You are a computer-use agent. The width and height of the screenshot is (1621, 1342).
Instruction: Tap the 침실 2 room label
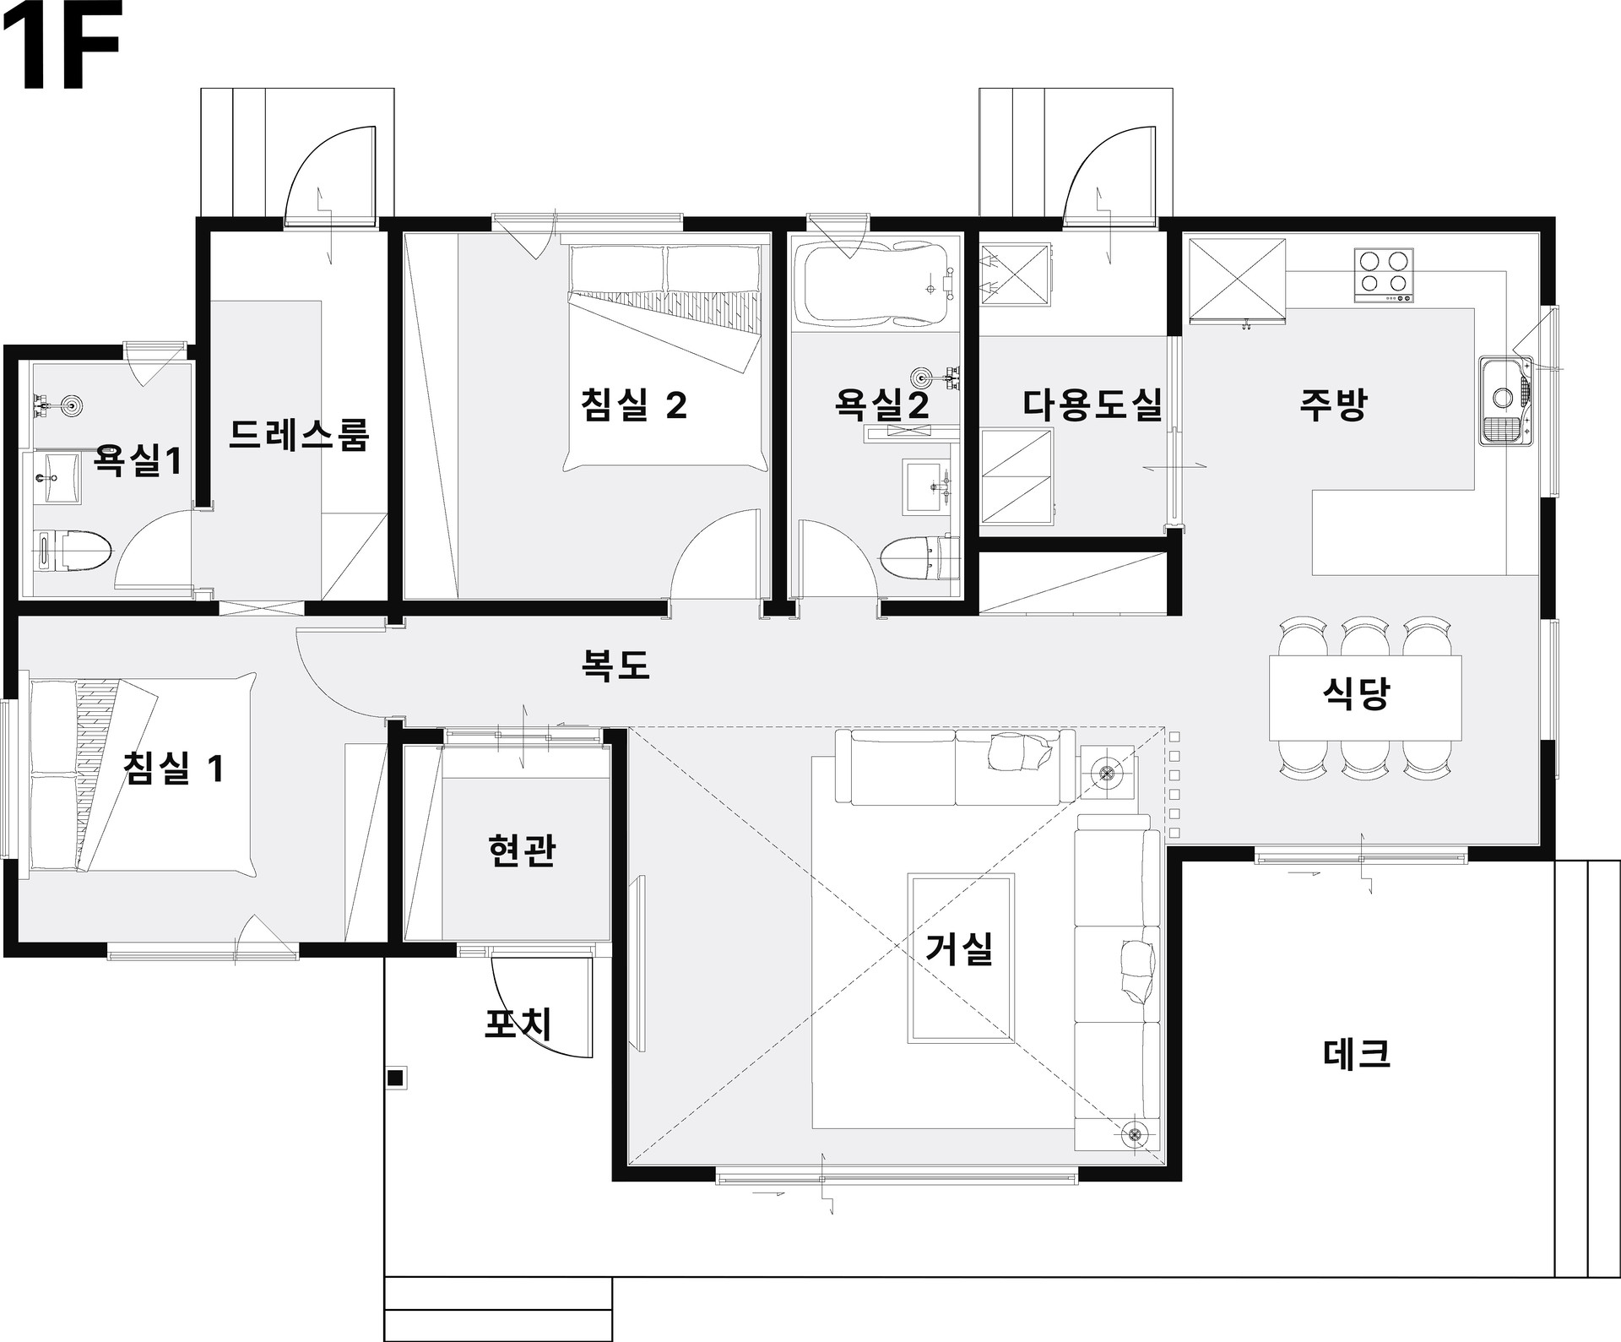tap(634, 405)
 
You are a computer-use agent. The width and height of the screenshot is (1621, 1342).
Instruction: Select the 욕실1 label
tap(138, 460)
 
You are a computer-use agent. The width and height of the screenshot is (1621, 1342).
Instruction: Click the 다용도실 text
tap(1092, 405)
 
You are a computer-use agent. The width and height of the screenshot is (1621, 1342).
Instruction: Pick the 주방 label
tap(1333, 405)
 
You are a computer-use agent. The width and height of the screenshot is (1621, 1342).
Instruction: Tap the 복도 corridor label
tap(615, 665)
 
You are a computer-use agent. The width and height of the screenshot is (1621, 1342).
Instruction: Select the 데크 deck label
tap(1355, 1053)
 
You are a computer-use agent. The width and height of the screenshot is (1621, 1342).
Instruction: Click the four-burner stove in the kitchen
tap(1383, 275)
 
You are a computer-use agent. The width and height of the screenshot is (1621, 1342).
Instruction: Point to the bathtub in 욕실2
tap(880, 285)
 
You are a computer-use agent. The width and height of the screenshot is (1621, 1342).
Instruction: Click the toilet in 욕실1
tap(73, 551)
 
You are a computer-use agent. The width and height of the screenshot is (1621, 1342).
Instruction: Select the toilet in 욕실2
tap(919, 558)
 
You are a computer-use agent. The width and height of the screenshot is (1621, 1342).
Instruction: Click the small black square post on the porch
tap(394, 1077)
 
